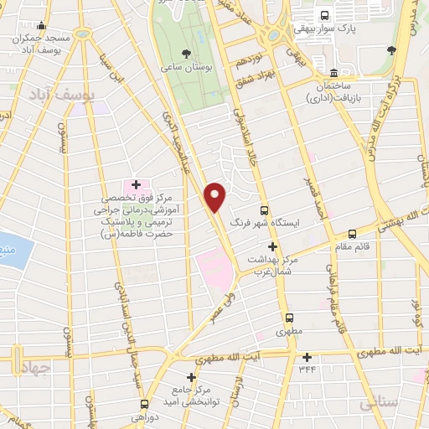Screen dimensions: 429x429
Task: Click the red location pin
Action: (x=215, y=195)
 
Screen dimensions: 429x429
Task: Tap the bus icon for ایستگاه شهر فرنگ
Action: (x=265, y=210)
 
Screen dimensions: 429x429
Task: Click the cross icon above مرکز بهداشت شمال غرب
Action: (x=271, y=246)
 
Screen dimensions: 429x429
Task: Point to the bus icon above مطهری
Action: (x=289, y=318)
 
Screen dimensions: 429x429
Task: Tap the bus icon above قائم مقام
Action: (x=352, y=234)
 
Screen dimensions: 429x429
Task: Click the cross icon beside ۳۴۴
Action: (x=307, y=357)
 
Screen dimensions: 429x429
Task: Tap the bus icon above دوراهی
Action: (x=143, y=403)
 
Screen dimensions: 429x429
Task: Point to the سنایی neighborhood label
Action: (x=380, y=405)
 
